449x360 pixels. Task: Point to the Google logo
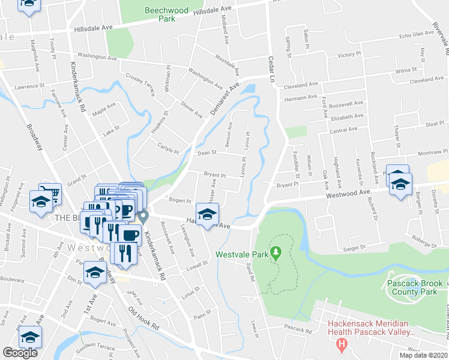coord(20,353)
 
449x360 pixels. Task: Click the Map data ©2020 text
coord(423,355)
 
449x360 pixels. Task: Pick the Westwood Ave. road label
coord(348,193)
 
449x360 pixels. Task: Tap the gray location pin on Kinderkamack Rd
coord(142,216)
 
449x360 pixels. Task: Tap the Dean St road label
coord(206,152)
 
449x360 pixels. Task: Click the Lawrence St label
coord(31,87)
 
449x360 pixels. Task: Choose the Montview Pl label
coord(425,153)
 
